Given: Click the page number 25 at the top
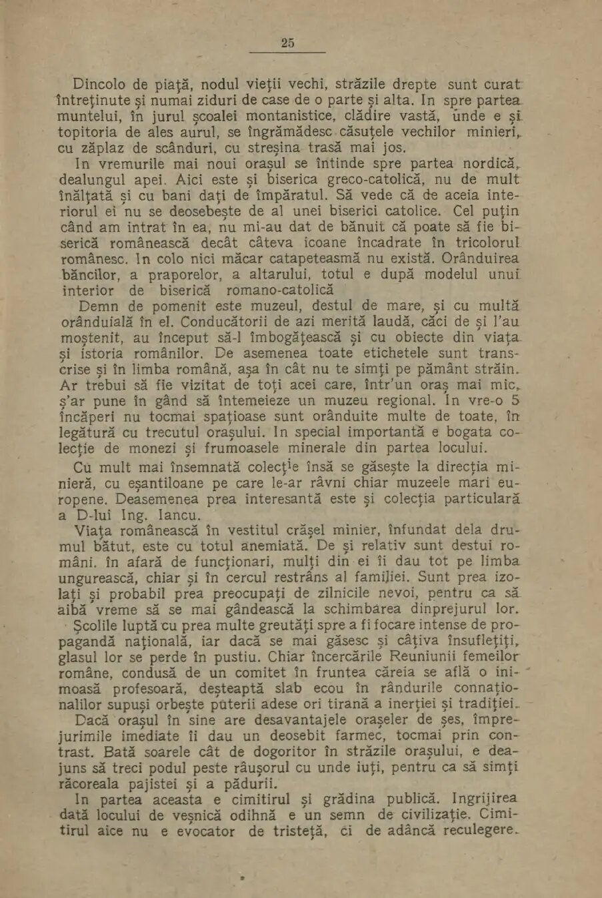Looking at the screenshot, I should click(x=287, y=43).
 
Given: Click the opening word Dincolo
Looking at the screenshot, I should click(x=100, y=85).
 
